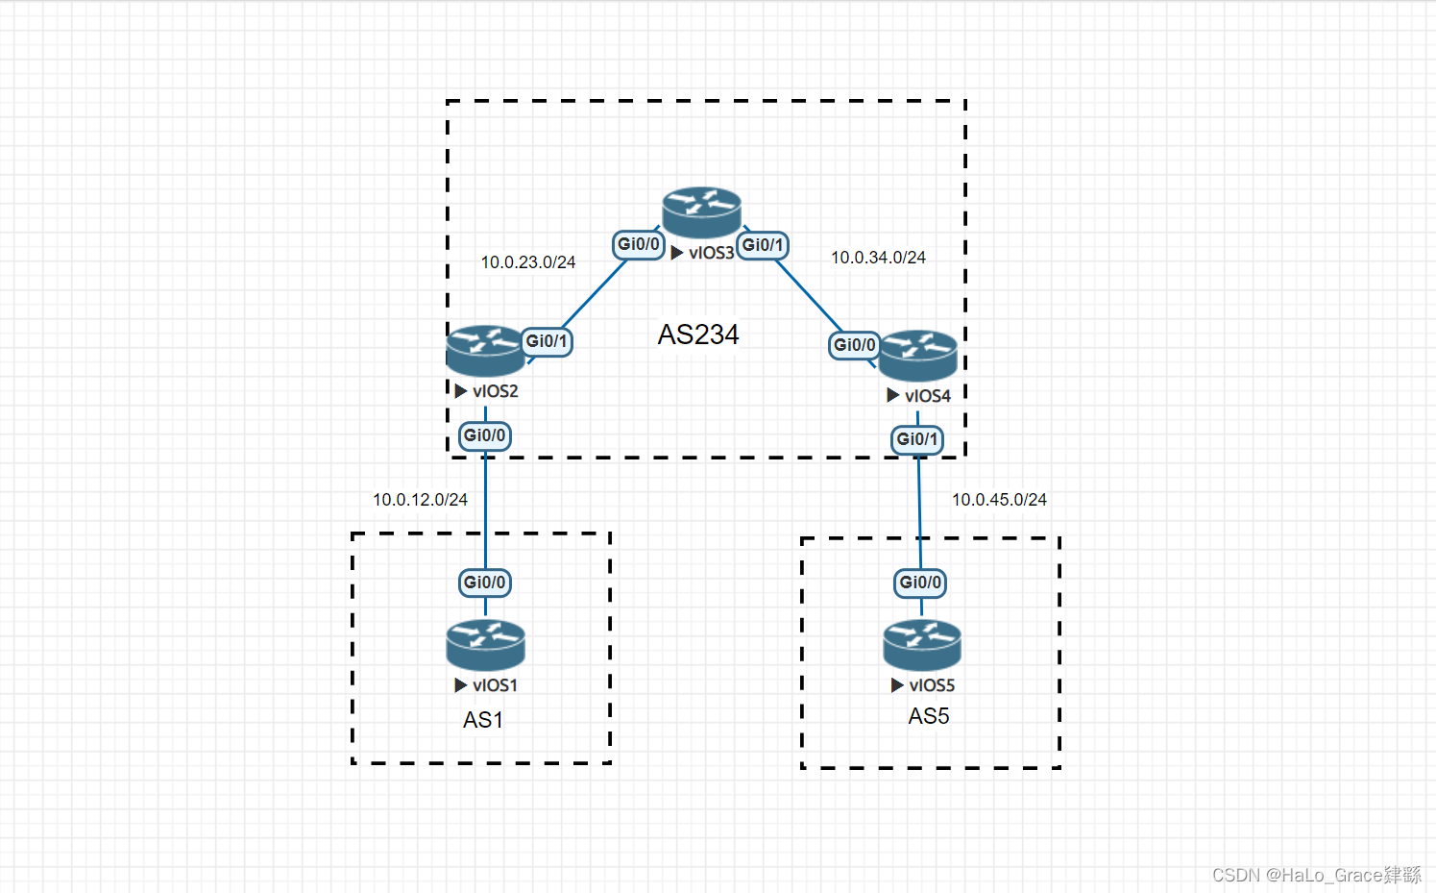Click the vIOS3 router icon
tap(701, 212)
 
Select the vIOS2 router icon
tap(485, 351)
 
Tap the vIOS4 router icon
tap(918, 356)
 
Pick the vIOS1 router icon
tap(485, 645)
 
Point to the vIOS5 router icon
tap(922, 645)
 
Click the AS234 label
tap(698, 335)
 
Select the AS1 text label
tap(483, 720)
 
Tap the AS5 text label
tap(929, 716)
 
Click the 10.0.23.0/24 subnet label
tap(528, 262)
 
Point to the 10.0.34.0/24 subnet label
tap(878, 258)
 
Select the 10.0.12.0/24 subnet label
tap(420, 500)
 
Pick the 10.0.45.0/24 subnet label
tap(999, 500)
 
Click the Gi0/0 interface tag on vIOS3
tap(639, 244)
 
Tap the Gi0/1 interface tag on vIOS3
tap(763, 245)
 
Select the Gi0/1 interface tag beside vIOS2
tap(547, 341)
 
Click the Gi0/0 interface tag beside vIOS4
tap(854, 344)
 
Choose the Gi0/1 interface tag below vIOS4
tap(917, 439)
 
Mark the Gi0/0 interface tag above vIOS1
tap(485, 583)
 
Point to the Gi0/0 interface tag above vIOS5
tap(920, 583)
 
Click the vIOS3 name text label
tap(711, 253)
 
